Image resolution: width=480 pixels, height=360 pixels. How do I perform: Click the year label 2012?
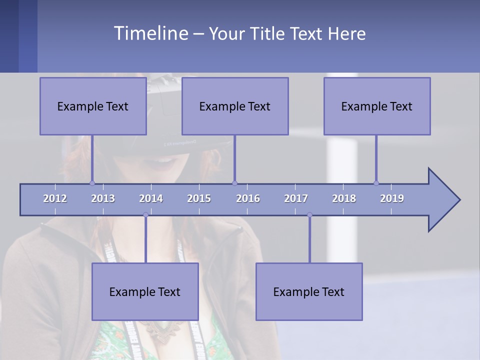click(x=55, y=198)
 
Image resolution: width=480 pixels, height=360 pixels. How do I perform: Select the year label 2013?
click(x=103, y=198)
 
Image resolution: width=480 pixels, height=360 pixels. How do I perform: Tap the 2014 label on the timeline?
click(x=151, y=198)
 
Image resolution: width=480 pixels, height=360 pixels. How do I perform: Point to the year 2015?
click(x=199, y=198)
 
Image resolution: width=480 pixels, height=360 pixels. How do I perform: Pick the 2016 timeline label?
click(x=248, y=198)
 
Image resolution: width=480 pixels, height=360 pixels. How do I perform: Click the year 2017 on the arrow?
click(x=296, y=198)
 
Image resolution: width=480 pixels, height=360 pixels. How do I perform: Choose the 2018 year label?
click(x=344, y=198)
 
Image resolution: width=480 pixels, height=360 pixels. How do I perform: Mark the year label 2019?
click(x=392, y=198)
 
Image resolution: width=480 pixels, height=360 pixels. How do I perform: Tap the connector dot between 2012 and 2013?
click(x=92, y=183)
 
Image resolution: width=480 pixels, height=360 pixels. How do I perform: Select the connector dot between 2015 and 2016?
click(x=235, y=183)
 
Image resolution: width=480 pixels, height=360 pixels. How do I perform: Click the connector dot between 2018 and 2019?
click(x=376, y=183)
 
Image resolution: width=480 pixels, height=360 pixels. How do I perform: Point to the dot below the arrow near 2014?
click(x=145, y=215)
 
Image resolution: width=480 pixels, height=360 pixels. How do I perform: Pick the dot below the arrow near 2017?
click(x=309, y=215)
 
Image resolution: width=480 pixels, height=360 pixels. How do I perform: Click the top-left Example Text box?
click(x=93, y=106)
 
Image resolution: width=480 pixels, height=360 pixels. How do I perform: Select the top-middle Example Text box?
click(x=235, y=106)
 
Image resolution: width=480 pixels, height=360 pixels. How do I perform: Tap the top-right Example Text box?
click(x=377, y=106)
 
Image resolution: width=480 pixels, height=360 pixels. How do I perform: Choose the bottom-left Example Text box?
click(x=145, y=291)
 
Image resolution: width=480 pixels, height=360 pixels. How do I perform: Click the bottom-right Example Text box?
click(x=309, y=291)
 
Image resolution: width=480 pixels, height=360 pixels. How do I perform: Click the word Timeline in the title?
click(x=150, y=33)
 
